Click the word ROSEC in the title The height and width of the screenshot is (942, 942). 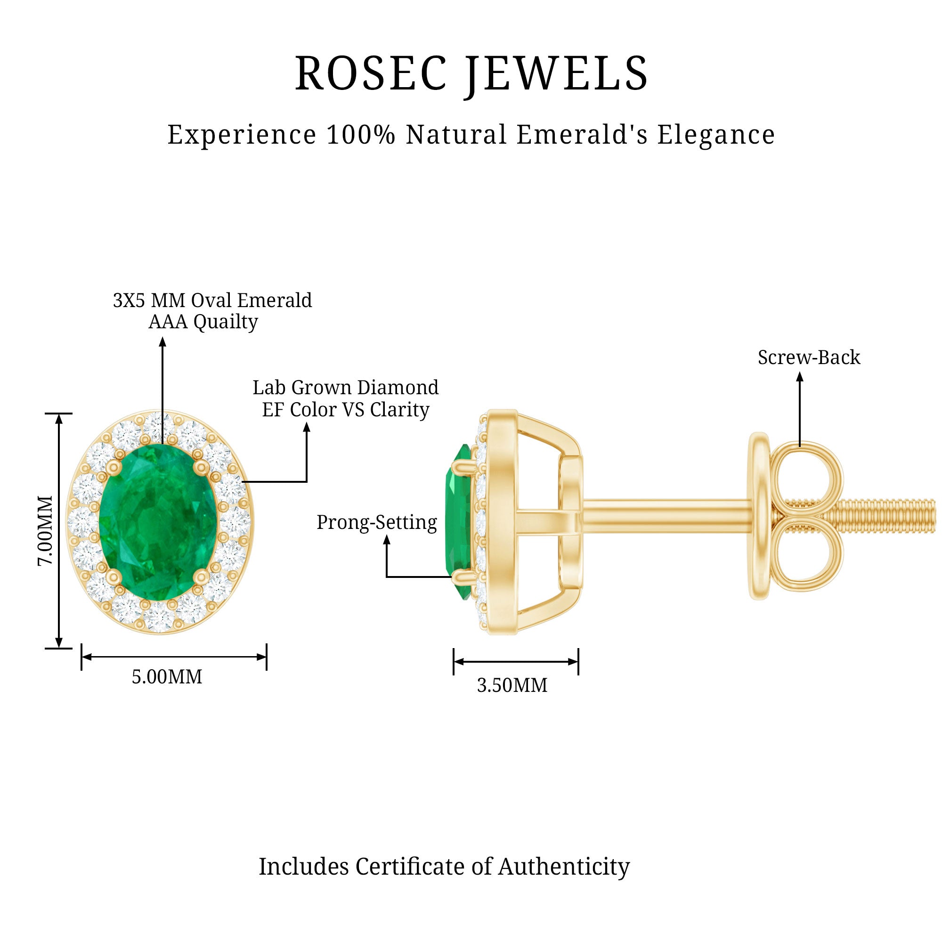coord(371,73)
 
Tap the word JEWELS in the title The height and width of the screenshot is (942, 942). coord(555,73)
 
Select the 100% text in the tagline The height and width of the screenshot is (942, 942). coord(360,135)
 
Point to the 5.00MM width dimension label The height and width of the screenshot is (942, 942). coord(167,677)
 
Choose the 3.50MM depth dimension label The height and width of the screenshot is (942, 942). coord(512,685)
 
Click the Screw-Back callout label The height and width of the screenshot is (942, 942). coord(809,358)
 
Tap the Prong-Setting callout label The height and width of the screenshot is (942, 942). coord(376,522)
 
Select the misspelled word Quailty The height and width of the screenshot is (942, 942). coord(225,322)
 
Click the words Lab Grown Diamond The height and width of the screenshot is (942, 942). coord(345,388)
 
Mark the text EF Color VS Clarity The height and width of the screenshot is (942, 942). coord(345,410)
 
